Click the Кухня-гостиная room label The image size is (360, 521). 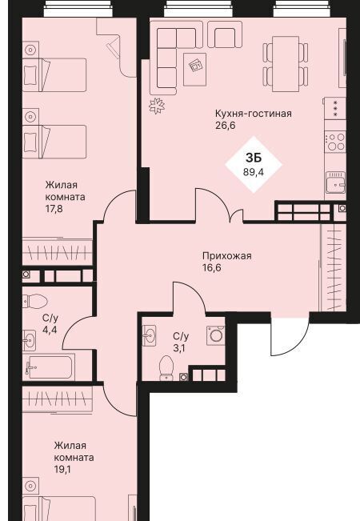coord(254,114)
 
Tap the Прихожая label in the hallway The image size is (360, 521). coord(227,256)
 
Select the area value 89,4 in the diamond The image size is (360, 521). coord(254,172)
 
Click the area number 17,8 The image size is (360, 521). coord(54,209)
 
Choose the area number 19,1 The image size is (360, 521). coord(62,470)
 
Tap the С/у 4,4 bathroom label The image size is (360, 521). coord(50,324)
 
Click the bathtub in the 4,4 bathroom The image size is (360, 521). coord(49,367)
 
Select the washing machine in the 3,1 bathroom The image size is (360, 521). coord(216,335)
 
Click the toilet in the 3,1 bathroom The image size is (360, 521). coord(166,368)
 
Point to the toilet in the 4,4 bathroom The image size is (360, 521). coord(35,302)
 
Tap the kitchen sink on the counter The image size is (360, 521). coord(335,182)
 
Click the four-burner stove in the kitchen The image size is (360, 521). coord(335,142)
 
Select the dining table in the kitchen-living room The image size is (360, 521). coord(286,63)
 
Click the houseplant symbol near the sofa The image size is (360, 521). coord(157,106)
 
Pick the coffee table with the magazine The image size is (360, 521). coord(194,69)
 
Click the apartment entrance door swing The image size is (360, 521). coord(290,335)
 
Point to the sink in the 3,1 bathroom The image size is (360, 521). coord(149,335)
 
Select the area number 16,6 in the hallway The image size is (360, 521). coord(211,268)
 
